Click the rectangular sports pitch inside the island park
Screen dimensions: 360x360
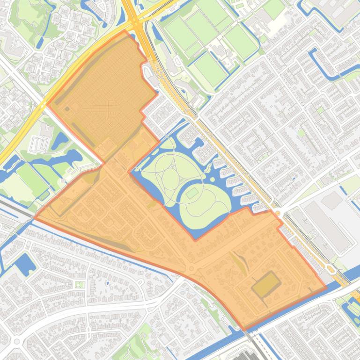coord(192,192)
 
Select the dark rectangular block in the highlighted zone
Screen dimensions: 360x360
coord(266,284)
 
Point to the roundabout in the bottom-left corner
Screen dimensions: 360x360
coord(17,342)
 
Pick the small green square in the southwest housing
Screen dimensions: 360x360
coord(80,284)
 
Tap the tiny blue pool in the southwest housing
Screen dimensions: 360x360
coord(107,282)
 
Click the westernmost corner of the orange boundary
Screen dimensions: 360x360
coord(35,218)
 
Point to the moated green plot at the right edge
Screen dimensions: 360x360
coord(352,309)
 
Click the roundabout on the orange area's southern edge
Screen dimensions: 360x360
coord(191,269)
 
